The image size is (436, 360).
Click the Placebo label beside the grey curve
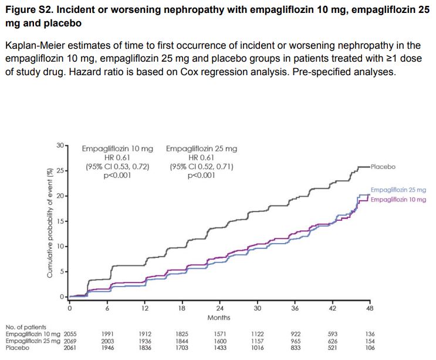[383, 167]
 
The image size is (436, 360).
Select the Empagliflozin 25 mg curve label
[398, 190]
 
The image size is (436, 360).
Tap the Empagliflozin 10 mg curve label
[399, 200]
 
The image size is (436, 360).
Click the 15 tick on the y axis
[61, 221]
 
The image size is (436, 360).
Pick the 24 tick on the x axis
[220, 308]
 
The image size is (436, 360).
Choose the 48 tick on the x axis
[370, 308]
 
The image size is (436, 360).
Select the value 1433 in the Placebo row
[220, 347]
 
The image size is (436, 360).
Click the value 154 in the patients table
[369, 341]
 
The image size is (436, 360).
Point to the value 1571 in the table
[220, 334]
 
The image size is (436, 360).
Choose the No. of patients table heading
[25, 327]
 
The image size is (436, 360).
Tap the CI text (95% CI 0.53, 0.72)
[117, 167]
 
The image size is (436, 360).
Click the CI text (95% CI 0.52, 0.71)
[201, 167]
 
